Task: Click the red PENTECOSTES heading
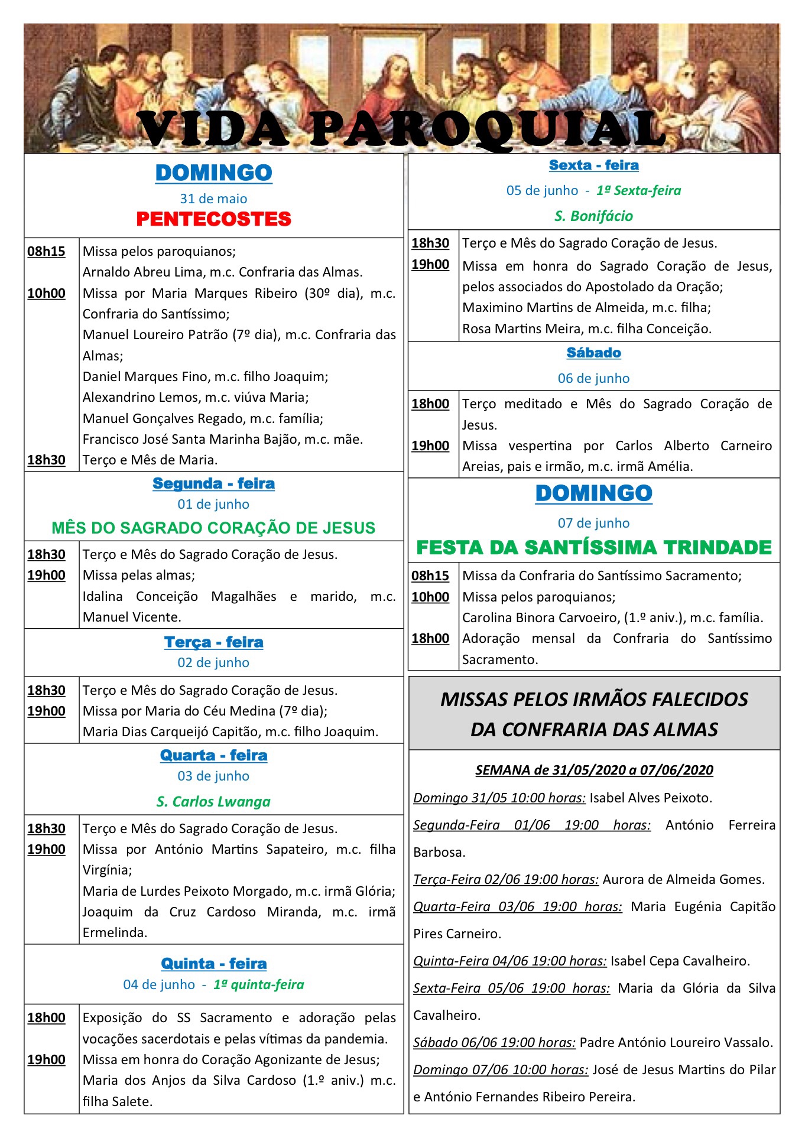pos(213,219)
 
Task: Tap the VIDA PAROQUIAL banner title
pos(402,129)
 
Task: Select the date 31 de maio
pos(213,199)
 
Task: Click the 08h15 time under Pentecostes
pos(46,251)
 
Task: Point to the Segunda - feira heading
pos(213,483)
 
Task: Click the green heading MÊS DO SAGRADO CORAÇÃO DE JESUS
pos(213,528)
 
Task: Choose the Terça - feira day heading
pos(213,642)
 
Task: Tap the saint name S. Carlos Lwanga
pos(213,801)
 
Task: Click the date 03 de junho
pos(213,776)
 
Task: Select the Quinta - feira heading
pos(213,964)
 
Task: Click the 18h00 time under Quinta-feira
pos(46,1017)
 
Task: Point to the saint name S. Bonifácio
pos(593,216)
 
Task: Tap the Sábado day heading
pos(593,353)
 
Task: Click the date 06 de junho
pos(593,378)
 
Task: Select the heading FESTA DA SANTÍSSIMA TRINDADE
pos(593,548)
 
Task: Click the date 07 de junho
pos(593,523)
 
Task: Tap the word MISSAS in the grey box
pos(481,700)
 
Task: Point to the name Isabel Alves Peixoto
pos(650,798)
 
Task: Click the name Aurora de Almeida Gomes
pos(683,879)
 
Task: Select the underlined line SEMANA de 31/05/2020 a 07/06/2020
pos(594,770)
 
